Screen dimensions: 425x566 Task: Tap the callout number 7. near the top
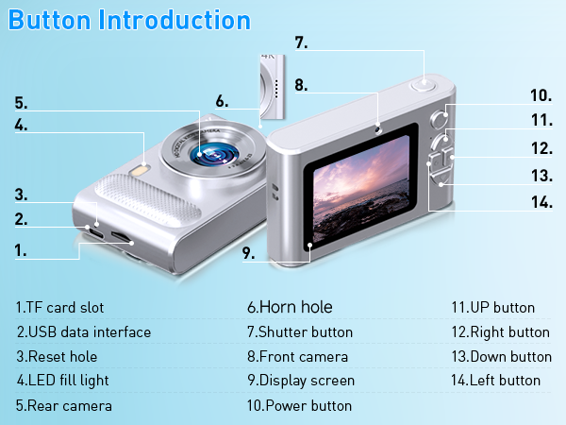click(x=302, y=42)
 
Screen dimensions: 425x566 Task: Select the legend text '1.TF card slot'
click(x=59, y=307)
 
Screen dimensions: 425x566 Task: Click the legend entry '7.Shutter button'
click(x=300, y=331)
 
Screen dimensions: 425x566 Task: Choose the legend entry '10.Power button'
click(x=299, y=405)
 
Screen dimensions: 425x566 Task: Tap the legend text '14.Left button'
click(x=495, y=381)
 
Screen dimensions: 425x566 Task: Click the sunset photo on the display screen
click(x=363, y=195)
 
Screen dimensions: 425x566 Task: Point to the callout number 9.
click(x=249, y=253)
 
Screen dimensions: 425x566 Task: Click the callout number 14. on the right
click(x=541, y=201)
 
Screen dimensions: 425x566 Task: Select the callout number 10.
click(x=541, y=95)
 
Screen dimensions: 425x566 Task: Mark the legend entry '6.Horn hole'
click(x=290, y=307)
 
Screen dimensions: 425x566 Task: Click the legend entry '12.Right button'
click(x=500, y=331)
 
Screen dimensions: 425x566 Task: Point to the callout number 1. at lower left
click(x=21, y=250)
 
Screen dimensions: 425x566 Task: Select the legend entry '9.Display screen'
click(x=301, y=381)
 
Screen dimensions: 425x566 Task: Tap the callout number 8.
click(x=301, y=85)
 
